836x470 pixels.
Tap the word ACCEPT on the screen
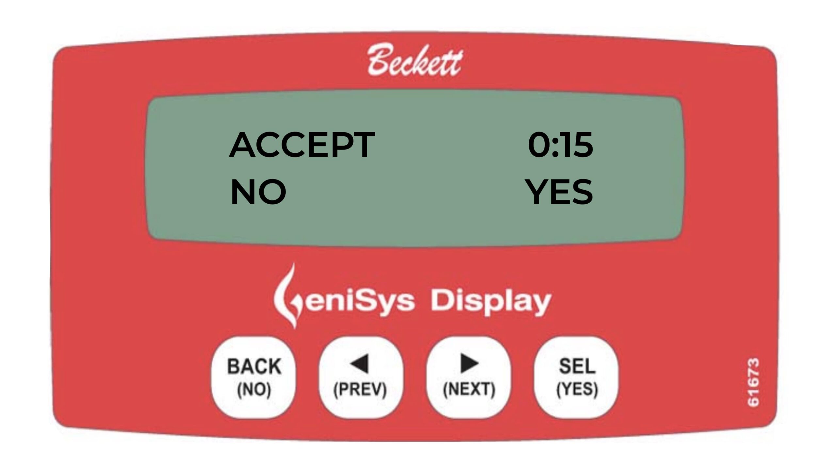pos(302,145)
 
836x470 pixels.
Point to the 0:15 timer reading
pos(560,145)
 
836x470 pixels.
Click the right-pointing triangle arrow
pos(469,364)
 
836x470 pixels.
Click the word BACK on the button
pos(254,366)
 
